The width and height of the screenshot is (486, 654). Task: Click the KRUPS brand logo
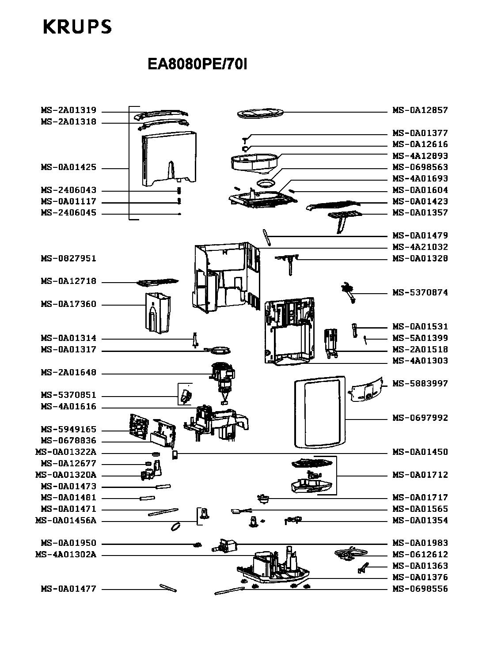point(77,26)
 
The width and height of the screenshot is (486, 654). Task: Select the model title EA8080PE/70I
point(197,64)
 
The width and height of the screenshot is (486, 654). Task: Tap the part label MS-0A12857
point(420,110)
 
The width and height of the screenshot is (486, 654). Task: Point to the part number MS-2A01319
point(68,110)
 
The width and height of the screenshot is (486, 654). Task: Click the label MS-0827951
point(68,259)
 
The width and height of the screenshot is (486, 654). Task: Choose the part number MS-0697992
point(420,418)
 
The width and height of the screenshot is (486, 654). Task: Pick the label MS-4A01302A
point(66,555)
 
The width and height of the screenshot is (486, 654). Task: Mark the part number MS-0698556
point(420,589)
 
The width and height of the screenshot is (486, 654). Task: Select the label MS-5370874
point(420,292)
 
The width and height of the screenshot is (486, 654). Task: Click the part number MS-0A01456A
point(66,521)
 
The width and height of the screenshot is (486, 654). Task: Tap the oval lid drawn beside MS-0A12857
point(260,113)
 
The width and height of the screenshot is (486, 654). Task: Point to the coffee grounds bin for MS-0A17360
point(158,313)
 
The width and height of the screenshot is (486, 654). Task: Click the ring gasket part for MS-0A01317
point(218,351)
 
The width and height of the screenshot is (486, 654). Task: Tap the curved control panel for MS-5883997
point(366,390)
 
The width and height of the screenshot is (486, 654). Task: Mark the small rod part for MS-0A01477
point(168,588)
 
